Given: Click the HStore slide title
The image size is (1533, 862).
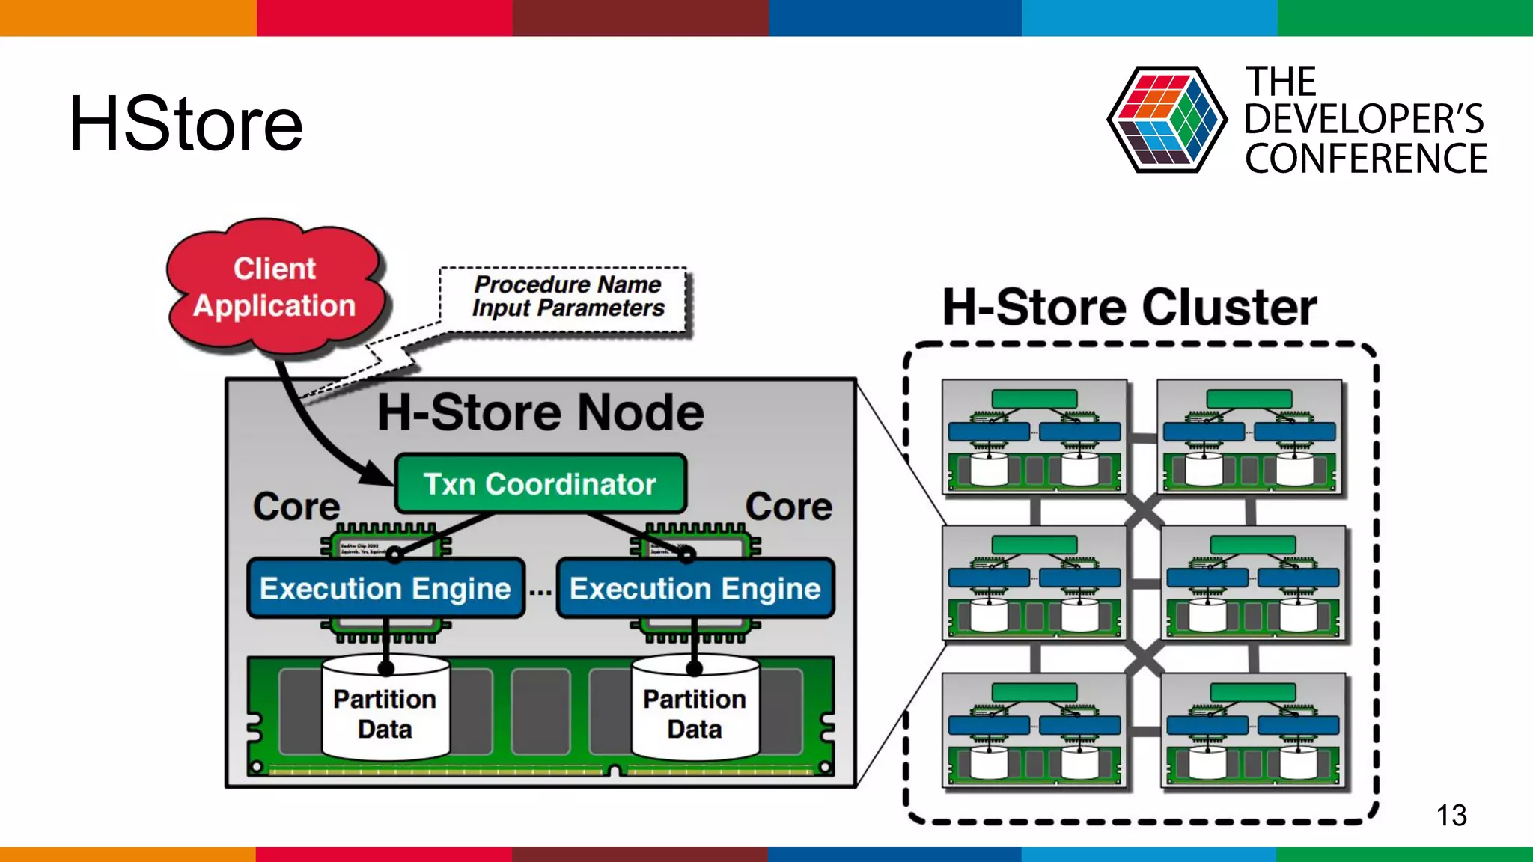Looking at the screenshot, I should click(186, 124).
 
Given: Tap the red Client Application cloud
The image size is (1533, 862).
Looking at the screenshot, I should click(275, 288).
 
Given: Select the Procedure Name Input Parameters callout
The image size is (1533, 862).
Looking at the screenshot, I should click(567, 297).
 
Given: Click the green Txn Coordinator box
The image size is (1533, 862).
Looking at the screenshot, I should click(540, 484).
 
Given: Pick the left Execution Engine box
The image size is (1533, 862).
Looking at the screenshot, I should click(385, 589).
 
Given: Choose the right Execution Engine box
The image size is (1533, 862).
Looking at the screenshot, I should click(695, 589).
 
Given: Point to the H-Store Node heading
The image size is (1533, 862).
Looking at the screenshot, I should click(540, 412).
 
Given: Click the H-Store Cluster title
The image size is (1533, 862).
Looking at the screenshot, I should click(1129, 308).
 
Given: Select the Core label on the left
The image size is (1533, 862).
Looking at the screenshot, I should click(296, 507).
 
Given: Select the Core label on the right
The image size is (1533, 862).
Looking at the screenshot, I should click(788, 507).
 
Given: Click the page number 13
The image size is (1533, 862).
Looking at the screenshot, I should click(1451, 815).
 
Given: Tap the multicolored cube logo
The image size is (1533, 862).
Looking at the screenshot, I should click(1166, 120).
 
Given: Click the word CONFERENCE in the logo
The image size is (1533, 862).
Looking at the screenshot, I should click(1365, 159).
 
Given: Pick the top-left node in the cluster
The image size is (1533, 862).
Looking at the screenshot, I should click(1034, 436).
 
